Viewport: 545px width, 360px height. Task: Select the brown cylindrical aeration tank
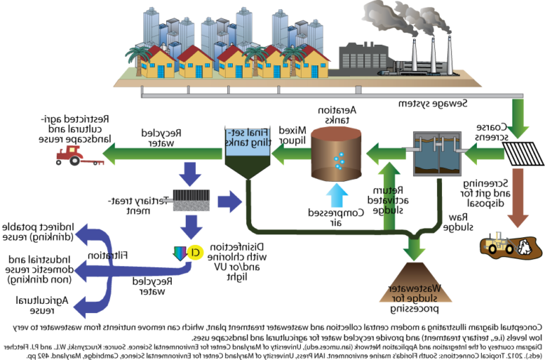point(336,153)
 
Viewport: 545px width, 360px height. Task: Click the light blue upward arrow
point(336,195)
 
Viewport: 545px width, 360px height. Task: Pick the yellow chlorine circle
point(195,252)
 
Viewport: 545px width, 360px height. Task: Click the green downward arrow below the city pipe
point(518,119)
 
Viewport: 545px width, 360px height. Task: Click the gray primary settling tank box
point(437,153)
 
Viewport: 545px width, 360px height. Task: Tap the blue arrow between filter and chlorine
point(190,227)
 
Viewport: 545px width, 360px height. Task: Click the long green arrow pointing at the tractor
point(163,152)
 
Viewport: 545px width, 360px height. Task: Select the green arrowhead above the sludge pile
point(414,249)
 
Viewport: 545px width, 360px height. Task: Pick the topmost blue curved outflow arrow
point(91,236)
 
